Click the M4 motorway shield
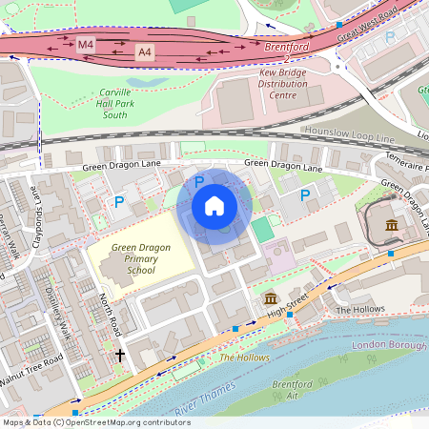[87, 44]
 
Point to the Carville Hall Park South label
[129, 106]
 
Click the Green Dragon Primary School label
[140, 258]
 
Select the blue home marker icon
[214, 206]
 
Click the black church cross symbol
[120, 356]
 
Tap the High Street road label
[290, 306]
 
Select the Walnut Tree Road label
[31, 369]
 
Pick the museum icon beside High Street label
[271, 299]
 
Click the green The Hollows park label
[244, 357]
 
